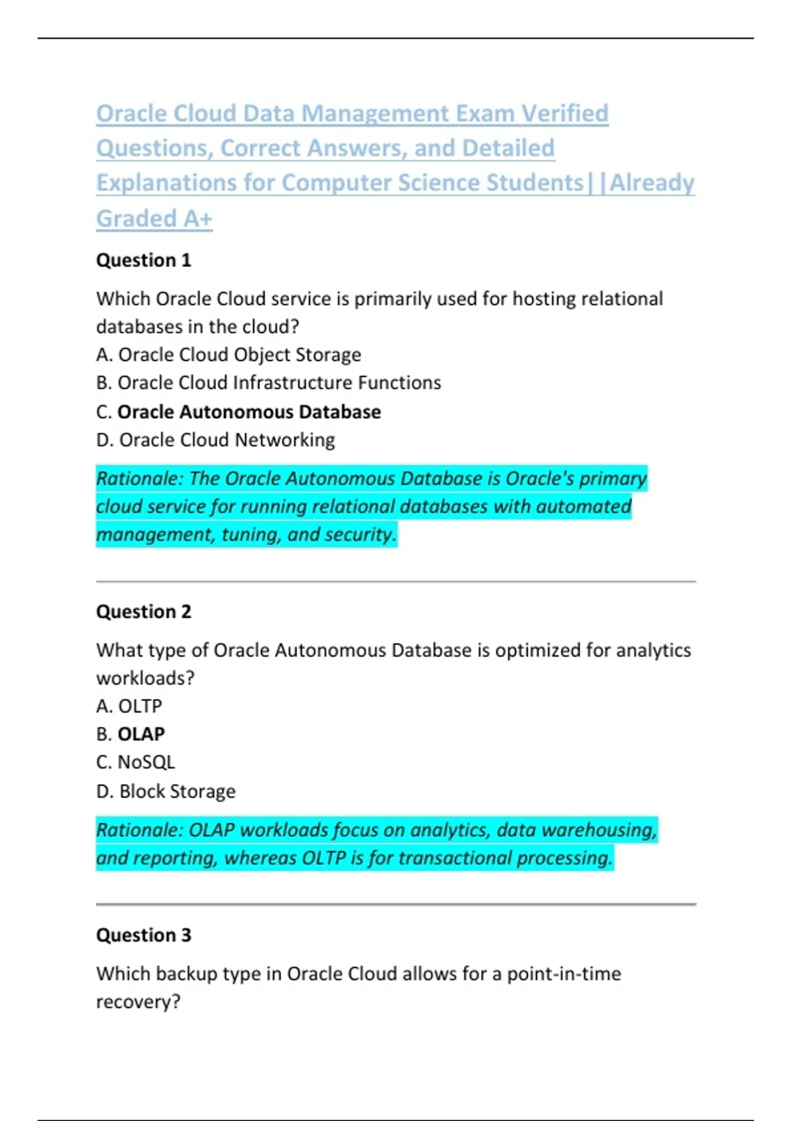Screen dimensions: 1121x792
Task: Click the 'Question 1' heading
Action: tap(143, 260)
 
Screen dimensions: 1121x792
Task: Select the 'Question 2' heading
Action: tap(143, 612)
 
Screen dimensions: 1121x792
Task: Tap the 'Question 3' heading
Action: tap(143, 935)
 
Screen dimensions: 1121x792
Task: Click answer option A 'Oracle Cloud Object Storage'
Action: tap(228, 355)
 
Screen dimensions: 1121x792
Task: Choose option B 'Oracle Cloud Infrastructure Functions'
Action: tap(269, 383)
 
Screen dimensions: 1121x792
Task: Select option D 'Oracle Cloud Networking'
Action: tap(216, 440)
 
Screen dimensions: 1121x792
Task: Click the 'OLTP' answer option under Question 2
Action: tap(129, 706)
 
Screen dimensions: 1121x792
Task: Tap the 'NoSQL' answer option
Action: tap(136, 762)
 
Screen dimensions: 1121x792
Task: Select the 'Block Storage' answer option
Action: tap(166, 791)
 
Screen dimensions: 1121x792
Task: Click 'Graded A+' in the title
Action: tap(154, 218)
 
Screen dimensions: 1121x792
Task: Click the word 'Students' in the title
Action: tap(535, 183)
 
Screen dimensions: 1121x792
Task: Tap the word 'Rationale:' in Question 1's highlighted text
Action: tap(139, 479)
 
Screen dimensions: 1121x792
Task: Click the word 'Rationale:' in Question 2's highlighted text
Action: tap(139, 830)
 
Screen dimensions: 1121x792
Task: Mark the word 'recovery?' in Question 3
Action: tap(138, 1002)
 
